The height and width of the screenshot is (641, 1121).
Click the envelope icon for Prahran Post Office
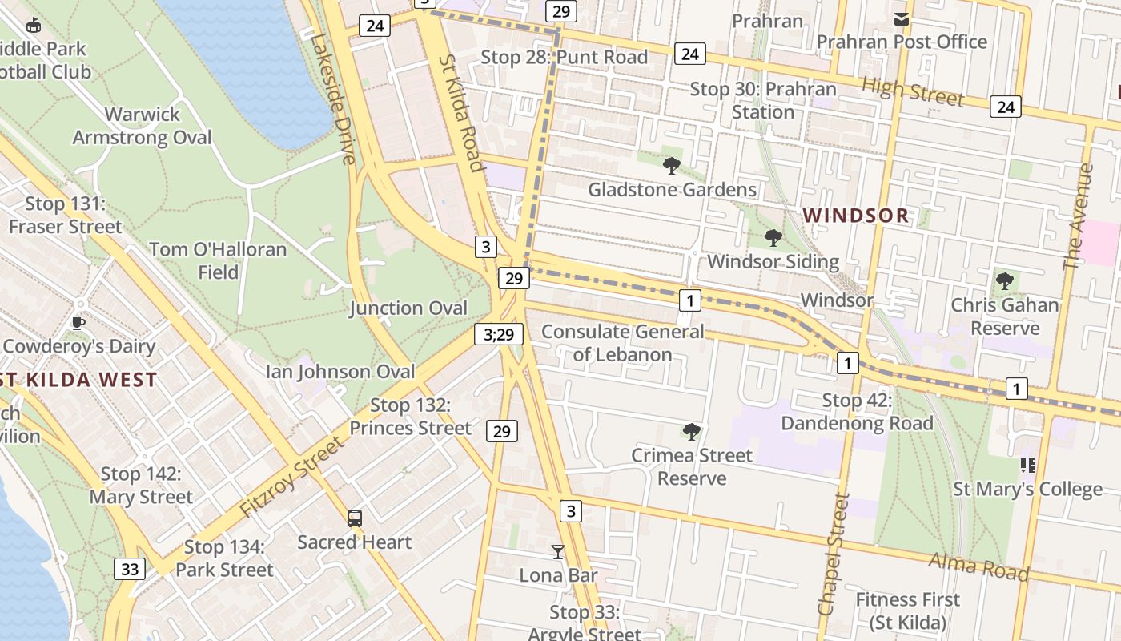(902, 19)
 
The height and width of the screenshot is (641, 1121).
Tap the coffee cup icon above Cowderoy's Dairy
(78, 323)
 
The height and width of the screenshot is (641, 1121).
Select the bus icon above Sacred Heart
(355, 518)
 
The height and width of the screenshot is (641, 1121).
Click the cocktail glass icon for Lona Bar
(558, 552)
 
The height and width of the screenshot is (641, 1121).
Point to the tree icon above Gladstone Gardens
(672, 166)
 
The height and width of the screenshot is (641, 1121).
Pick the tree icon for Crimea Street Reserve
(692, 432)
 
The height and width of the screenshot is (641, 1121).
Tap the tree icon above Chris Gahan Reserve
(1005, 281)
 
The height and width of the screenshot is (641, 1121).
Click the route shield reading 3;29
(499, 334)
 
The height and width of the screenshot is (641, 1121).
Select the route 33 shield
(130, 570)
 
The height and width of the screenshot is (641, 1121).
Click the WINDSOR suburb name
(856, 216)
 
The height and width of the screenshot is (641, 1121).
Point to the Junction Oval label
(408, 308)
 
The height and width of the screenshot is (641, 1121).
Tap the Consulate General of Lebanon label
(623, 343)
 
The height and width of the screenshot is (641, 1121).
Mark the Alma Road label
(978, 566)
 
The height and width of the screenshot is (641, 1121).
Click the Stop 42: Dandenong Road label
(857, 412)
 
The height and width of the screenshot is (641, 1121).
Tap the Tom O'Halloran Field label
(218, 260)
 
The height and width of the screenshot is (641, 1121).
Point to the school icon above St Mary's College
(1028, 466)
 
